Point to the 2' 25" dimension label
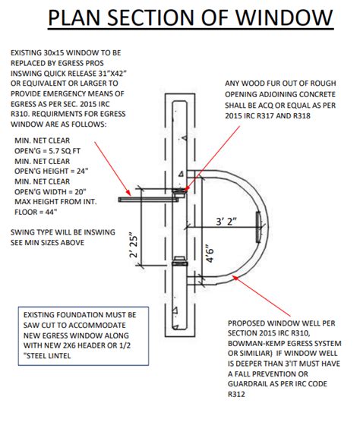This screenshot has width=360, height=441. [134, 244]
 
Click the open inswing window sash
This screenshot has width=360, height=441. [148, 199]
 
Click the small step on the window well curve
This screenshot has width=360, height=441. [261, 224]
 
